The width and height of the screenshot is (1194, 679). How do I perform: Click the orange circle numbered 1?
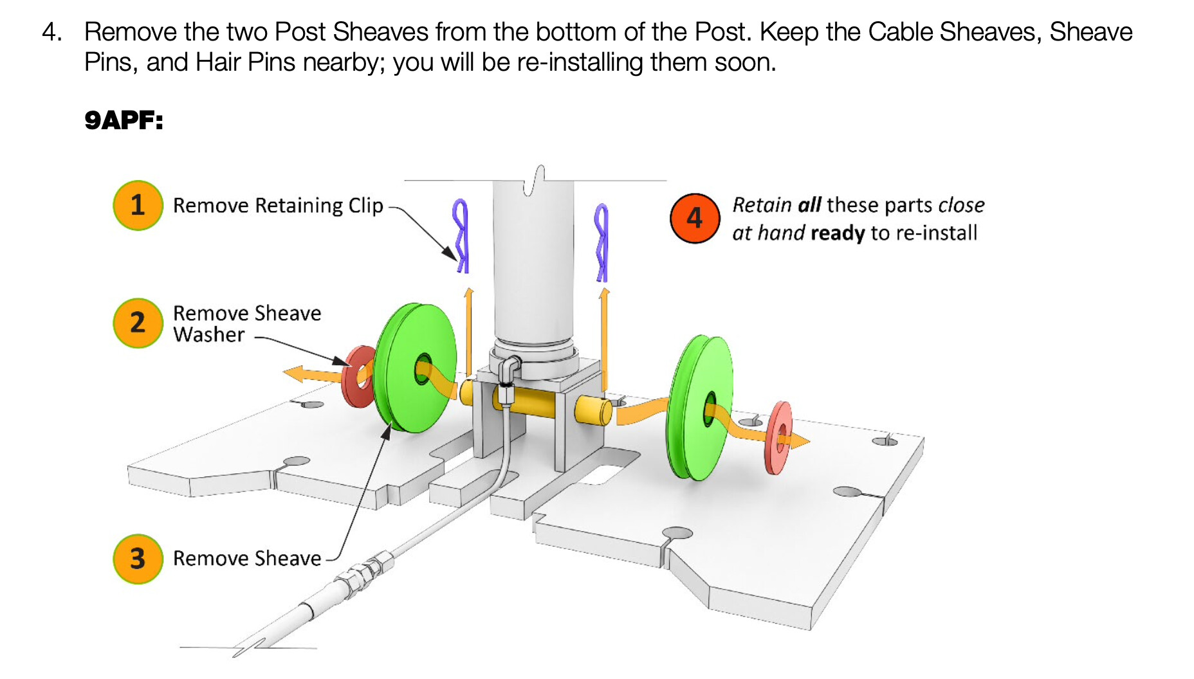138,205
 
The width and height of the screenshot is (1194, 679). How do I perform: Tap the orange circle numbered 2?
138,323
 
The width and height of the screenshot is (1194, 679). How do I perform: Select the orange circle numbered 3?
138,559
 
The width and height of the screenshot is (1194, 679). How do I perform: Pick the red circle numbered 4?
695,219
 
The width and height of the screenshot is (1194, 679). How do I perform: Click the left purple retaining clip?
461,235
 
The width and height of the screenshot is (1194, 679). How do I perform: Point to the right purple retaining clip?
602,242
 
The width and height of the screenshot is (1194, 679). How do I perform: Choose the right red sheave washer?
778,439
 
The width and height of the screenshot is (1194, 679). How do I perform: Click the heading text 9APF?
124,120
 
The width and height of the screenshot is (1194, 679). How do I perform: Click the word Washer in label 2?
209,335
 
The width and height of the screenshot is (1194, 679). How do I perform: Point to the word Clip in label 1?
365,206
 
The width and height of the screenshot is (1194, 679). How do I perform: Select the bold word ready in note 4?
838,233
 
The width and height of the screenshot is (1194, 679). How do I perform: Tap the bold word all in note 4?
809,205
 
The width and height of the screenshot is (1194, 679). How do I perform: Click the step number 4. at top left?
52,32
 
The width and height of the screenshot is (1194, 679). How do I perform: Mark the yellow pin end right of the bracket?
592,411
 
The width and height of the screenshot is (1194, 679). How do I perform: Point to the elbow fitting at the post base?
510,368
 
